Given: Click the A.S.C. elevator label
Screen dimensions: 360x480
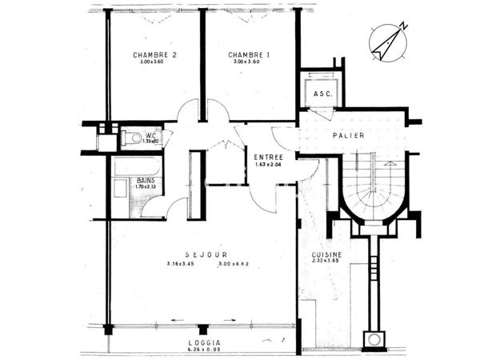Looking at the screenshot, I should pos(322,94).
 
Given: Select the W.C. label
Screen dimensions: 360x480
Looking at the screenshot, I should pos(150,135).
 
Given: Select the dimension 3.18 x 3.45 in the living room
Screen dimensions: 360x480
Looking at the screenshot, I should pos(182,264).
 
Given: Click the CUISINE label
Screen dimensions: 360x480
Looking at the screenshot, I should pos(326,254).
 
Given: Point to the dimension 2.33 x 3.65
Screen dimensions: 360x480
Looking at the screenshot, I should pos(326,262).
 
